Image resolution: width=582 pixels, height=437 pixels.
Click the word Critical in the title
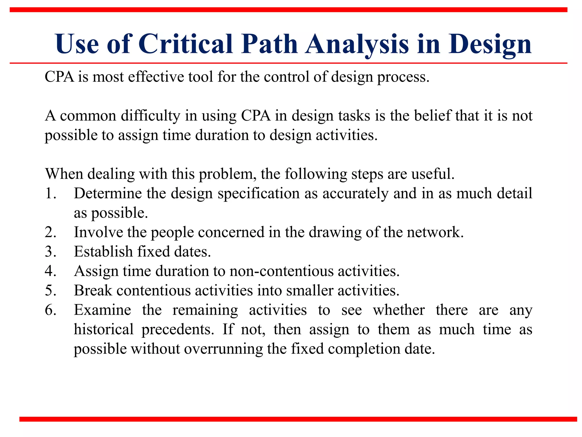[186, 44]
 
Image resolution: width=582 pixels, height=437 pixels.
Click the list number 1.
[50, 194]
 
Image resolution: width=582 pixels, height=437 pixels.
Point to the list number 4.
[50, 271]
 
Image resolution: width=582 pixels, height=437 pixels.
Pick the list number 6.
[50, 310]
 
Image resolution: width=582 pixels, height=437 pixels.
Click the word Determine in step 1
[108, 194]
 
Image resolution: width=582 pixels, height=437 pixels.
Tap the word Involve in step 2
[98, 232]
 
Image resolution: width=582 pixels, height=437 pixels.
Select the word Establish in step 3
[103, 252]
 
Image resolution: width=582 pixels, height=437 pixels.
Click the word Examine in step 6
[102, 310]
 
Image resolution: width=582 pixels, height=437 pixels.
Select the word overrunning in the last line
[223, 349]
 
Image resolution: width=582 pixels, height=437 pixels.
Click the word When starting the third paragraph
[64, 174]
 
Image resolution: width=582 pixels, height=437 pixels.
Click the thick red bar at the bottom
[298, 419]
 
